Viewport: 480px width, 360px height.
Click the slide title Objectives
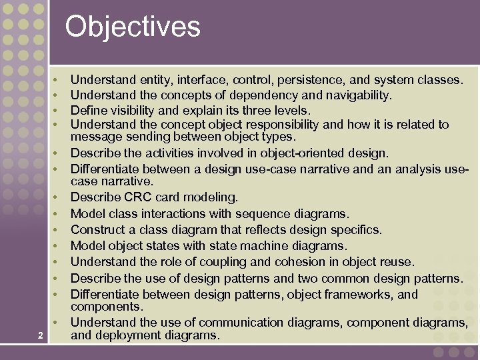point(133,27)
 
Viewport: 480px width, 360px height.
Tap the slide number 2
point(41,335)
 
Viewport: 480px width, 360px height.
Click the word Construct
point(97,229)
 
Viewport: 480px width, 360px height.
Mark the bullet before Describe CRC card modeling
point(57,198)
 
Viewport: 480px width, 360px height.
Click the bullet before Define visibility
point(57,111)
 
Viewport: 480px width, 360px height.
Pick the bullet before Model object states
point(57,246)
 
